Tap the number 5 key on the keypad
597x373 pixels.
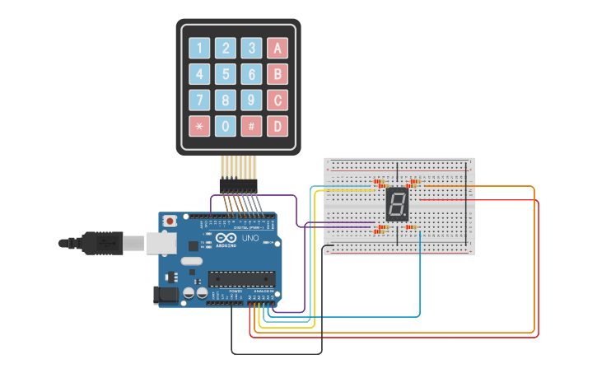(x=226, y=74)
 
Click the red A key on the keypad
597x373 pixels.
(x=278, y=48)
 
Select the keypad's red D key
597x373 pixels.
(x=278, y=126)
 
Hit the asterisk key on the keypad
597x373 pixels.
(x=199, y=126)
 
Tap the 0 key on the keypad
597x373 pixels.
(x=226, y=126)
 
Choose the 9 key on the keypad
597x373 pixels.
(x=251, y=100)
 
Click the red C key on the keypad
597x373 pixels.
(x=278, y=100)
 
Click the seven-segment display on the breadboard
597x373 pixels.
(x=397, y=204)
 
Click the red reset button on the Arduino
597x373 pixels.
(x=170, y=221)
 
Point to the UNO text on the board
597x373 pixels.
(x=250, y=238)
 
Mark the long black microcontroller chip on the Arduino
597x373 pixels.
(x=240, y=279)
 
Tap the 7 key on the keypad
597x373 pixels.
(x=199, y=100)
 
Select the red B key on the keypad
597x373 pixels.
(x=278, y=74)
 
